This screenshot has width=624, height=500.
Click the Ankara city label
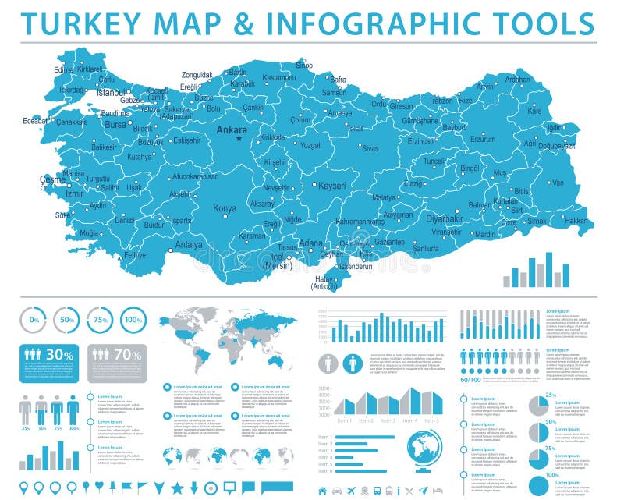231,129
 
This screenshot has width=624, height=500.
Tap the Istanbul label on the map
110,92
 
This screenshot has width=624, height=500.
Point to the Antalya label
189,244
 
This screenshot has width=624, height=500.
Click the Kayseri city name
331,186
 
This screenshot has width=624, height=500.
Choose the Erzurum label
482,139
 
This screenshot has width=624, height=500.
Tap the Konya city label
225,208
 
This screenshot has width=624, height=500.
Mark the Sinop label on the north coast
303,66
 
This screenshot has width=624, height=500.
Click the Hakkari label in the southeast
576,221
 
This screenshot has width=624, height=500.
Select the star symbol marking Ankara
240,139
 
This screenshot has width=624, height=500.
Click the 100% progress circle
133,319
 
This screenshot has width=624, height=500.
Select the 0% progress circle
33,319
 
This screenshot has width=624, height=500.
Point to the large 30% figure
60,355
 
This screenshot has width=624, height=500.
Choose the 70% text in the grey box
128,355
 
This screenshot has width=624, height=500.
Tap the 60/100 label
470,379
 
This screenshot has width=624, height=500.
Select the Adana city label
310,243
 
